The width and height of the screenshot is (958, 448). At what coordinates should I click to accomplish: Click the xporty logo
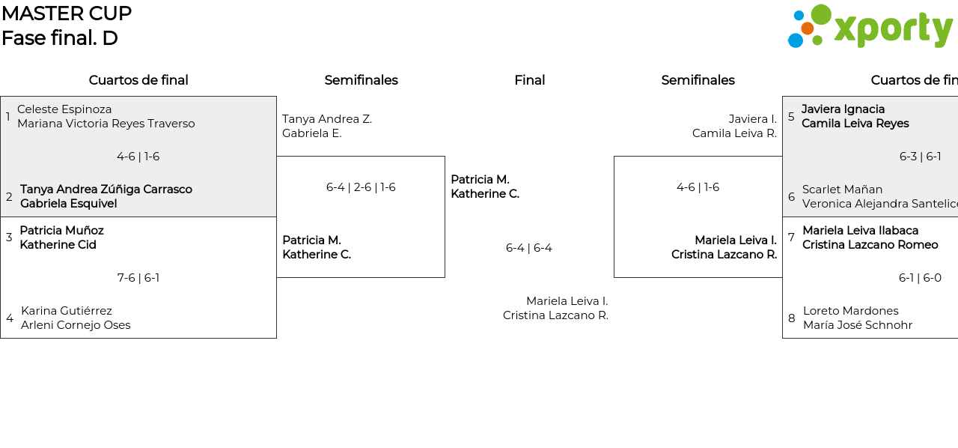870,27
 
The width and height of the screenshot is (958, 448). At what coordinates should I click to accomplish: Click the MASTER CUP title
67,13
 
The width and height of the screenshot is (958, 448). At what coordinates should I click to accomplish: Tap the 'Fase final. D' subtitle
60,37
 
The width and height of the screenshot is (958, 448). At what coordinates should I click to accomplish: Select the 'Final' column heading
529,80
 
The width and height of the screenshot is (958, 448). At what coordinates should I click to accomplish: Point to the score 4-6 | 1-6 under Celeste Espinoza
138,157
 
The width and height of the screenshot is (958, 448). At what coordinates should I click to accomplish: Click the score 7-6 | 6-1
138,278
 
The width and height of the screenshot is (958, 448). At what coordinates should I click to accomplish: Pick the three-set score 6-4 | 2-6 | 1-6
361,187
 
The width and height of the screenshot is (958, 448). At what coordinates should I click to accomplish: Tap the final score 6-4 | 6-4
528,248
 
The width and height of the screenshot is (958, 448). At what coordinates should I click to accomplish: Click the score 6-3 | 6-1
920,157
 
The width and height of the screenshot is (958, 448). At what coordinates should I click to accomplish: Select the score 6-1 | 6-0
920,278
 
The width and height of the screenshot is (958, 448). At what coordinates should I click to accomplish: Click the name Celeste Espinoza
64,109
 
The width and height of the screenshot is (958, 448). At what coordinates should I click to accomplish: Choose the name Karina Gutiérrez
67,311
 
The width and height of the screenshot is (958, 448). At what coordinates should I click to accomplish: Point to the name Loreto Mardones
850,311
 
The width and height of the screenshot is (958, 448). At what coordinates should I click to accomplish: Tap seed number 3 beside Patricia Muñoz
9,237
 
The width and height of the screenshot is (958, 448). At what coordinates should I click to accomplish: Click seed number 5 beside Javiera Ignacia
791,117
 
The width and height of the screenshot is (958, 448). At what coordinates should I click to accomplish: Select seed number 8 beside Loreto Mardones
791,318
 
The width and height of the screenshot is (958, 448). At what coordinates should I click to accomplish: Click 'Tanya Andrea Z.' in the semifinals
327,119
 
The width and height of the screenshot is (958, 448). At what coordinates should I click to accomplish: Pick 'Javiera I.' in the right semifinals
752,119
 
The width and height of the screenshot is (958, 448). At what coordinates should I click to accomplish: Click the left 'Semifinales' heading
361,80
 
